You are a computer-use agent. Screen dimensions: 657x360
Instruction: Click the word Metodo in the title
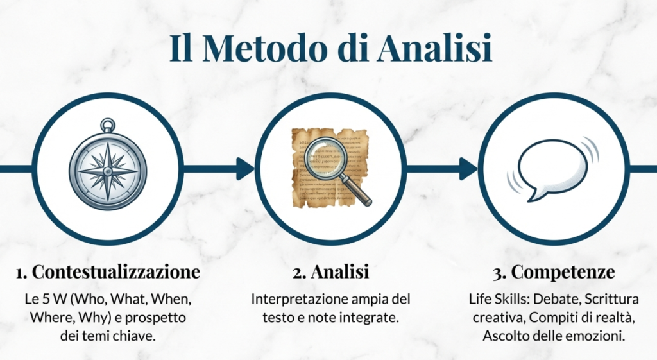[x=266, y=48]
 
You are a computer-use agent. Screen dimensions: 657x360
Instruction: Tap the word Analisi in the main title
[x=434, y=48]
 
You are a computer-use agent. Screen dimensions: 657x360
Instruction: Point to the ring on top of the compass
[x=108, y=125]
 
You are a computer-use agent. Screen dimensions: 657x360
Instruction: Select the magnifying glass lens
[x=324, y=158]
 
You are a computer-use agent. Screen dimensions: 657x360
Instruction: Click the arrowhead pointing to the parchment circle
[x=246, y=169]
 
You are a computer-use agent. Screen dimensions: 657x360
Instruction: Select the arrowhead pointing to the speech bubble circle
[x=469, y=169]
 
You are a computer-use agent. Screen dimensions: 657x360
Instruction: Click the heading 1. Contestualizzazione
[x=108, y=271]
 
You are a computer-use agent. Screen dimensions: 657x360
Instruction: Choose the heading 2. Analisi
[x=330, y=271]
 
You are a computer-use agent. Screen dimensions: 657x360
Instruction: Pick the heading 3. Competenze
[x=554, y=272]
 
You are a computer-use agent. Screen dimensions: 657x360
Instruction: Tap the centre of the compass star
[x=108, y=171]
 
